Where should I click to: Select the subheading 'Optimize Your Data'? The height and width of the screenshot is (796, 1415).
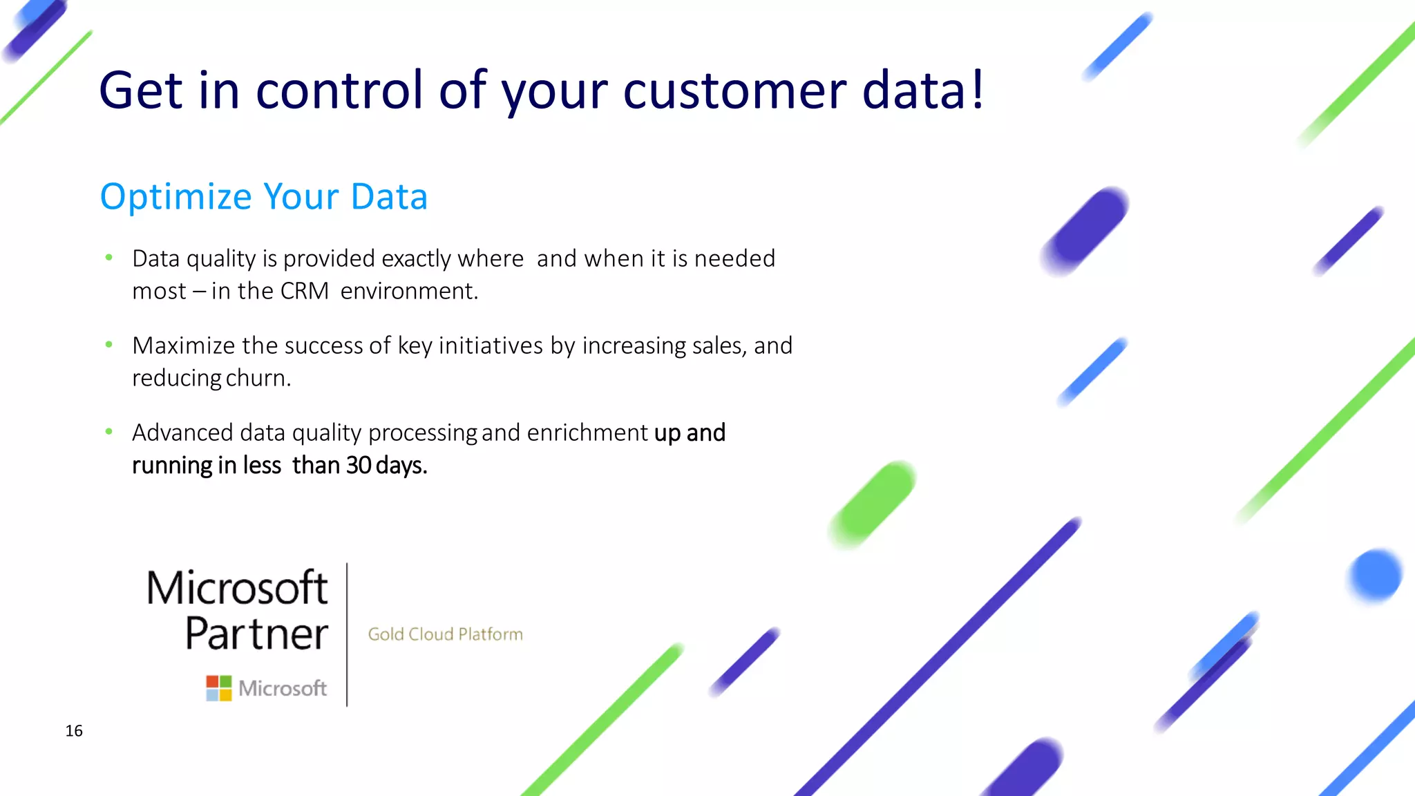(x=264, y=197)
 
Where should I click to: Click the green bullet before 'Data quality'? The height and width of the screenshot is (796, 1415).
(x=108, y=258)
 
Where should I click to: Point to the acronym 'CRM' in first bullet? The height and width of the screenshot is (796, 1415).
(x=304, y=291)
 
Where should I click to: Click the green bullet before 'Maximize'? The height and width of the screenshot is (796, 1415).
(x=108, y=344)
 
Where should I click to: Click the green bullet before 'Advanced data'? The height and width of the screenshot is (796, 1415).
(x=108, y=432)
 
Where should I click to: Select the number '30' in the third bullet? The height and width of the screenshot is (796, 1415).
(x=359, y=465)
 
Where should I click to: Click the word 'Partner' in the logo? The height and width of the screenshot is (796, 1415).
(x=256, y=634)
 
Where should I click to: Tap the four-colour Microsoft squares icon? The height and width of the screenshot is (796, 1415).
(x=219, y=688)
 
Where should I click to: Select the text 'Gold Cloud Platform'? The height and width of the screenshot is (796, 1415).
(x=445, y=634)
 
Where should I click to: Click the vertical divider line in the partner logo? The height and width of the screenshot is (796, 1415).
(x=347, y=634)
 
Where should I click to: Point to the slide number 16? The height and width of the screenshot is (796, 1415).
(x=74, y=731)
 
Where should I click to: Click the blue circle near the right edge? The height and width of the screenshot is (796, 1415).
(x=1374, y=576)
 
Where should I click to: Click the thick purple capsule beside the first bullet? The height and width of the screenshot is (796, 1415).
(x=1085, y=231)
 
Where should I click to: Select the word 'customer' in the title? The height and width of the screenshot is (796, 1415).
(x=734, y=91)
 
